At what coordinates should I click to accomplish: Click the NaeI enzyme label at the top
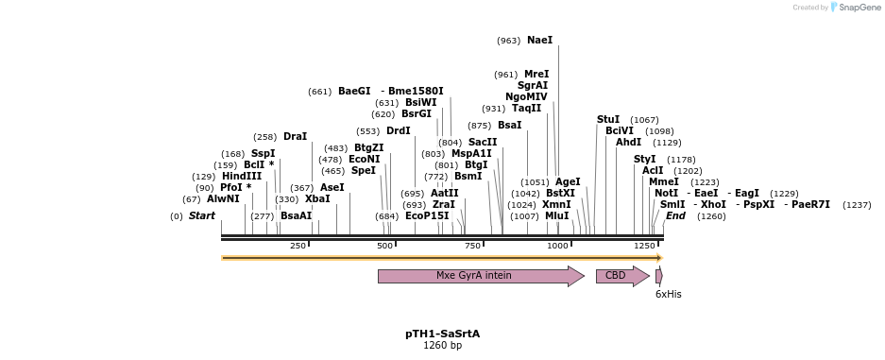[x=539, y=41]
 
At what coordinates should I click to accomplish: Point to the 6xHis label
[x=668, y=295]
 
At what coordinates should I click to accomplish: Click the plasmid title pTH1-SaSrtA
[x=442, y=334]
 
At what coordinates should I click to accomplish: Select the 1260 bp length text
[x=442, y=346]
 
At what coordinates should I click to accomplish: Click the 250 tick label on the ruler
[x=298, y=246]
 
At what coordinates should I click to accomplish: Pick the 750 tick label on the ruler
[x=472, y=246]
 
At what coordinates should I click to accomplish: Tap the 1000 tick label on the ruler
[x=557, y=246]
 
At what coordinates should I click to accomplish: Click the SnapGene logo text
[x=859, y=8]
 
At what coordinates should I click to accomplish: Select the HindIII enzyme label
[x=241, y=177]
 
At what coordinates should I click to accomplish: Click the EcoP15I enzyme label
[x=427, y=216]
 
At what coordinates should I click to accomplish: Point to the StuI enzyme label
[x=608, y=120]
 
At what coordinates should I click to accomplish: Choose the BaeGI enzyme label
[x=354, y=92]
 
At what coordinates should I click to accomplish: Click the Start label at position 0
[x=202, y=216]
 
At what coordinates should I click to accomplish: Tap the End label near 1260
[x=675, y=216]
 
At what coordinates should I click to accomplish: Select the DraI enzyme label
[x=295, y=137]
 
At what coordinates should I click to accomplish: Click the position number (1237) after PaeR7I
[x=857, y=205]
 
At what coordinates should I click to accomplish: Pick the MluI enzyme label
[x=557, y=216]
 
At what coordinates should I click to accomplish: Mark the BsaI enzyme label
[x=509, y=126]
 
